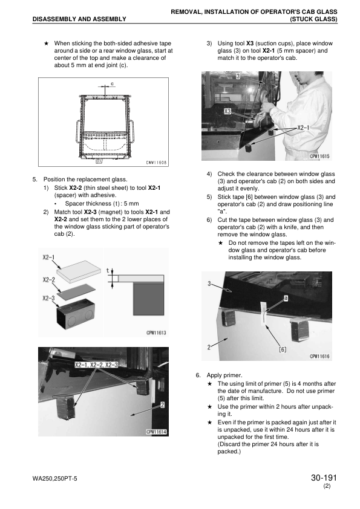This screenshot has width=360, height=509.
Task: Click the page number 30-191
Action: point(324,478)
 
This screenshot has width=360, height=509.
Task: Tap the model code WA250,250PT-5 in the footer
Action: point(55,479)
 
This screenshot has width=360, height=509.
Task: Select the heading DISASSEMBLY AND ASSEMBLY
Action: point(79,19)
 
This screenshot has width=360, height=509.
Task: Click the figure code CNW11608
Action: point(156,162)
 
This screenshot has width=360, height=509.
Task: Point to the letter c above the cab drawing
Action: point(112,84)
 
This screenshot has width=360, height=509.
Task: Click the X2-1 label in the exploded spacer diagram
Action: point(48,258)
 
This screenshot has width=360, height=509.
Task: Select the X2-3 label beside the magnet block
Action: point(48,298)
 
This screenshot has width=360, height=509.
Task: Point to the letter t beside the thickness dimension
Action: point(108,270)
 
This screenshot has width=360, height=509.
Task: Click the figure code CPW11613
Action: point(156,332)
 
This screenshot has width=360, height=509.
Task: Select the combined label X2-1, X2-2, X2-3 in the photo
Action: point(96,365)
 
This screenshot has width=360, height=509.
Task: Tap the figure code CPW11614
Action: point(156,432)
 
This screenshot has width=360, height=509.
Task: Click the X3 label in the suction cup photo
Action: point(227,111)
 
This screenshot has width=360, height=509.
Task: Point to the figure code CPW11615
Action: point(319,156)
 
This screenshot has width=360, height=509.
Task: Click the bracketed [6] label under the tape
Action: point(283,349)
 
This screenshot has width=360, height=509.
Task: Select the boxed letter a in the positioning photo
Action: point(286,298)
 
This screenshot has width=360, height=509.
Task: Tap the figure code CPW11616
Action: point(319,356)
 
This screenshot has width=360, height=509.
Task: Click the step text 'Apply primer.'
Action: point(224,375)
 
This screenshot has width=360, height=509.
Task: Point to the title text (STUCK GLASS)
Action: point(313,19)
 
